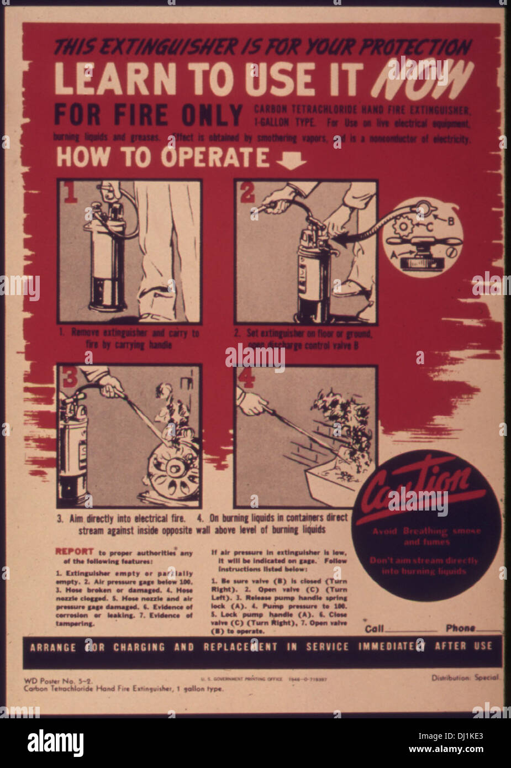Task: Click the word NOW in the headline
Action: [x=423, y=79]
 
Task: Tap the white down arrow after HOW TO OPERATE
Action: [x=291, y=160]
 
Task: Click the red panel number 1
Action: [x=71, y=193]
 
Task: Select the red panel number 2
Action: [x=247, y=193]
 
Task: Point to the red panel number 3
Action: [x=70, y=377]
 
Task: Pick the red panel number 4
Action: [x=246, y=377]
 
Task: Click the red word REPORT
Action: [x=74, y=551]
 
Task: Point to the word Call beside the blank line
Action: [x=374, y=629]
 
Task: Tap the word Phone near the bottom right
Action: [x=460, y=628]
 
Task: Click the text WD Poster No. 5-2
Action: [x=50, y=681]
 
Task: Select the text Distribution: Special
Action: [x=465, y=677]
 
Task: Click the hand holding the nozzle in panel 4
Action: [x=252, y=404]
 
